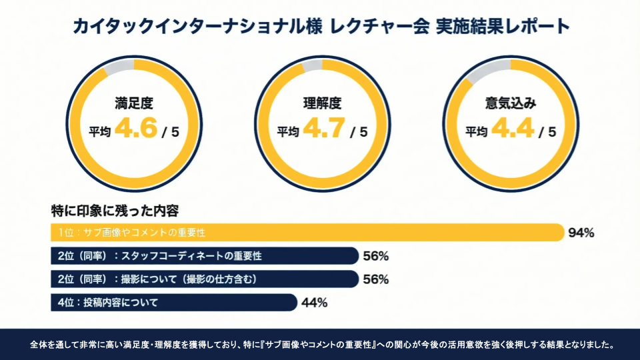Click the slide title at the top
click(x=321, y=26)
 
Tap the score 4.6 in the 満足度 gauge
click(x=136, y=128)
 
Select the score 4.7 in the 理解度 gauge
click(x=324, y=128)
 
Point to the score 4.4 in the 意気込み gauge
click(x=513, y=128)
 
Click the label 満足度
click(x=134, y=103)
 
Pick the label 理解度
click(x=322, y=103)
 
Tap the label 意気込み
click(x=511, y=103)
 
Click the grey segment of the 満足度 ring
click(x=119, y=67)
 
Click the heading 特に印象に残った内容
click(x=115, y=211)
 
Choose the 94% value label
click(x=581, y=233)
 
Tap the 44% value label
click(x=314, y=303)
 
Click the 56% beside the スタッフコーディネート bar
click(x=376, y=256)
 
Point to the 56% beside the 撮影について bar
click(x=376, y=279)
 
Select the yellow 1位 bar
click(x=307, y=233)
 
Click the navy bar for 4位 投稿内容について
click(x=174, y=303)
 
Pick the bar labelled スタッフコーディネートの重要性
click(x=205, y=256)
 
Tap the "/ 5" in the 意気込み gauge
click(x=547, y=132)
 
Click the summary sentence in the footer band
click(x=322, y=345)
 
